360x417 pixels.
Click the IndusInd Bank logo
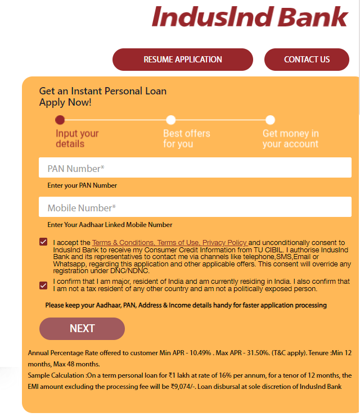point(250,16)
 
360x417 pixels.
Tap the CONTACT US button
point(307,60)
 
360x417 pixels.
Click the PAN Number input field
point(195,168)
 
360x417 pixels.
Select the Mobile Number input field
point(195,207)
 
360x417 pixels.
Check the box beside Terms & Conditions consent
point(43,242)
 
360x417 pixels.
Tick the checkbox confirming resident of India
point(43,285)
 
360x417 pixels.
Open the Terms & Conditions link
point(123,243)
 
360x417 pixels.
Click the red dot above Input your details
point(60,120)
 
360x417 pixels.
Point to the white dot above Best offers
point(171,120)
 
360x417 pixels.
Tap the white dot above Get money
point(270,120)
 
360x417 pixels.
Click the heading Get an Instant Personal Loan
point(102,91)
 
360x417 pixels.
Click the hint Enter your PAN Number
point(82,185)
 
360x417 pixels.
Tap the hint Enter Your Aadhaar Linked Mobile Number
point(110,225)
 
